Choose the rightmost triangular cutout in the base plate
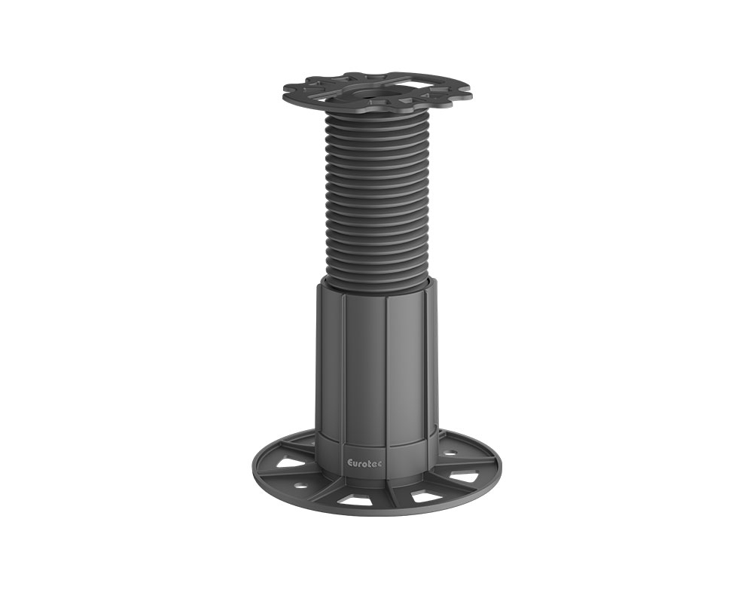coord(465,477)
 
